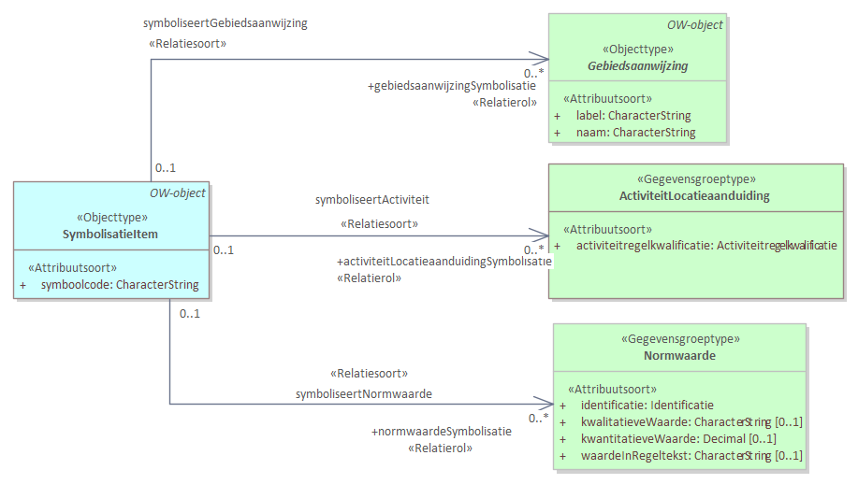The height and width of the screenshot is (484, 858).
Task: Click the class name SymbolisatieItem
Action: pyautogui.click(x=110, y=234)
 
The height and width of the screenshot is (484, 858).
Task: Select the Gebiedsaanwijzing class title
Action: pyautogui.click(x=637, y=66)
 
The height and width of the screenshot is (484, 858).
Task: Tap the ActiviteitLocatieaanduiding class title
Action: pyautogui.click(x=694, y=196)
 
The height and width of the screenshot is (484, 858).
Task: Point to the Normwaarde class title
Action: pyautogui.click(x=678, y=356)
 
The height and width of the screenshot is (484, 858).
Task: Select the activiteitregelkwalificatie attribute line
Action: pyautogui.click(x=705, y=245)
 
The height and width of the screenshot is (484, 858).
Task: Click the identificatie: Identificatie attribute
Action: pyautogui.click(x=647, y=406)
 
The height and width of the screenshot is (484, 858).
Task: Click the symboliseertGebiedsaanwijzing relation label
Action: pyautogui.click(x=225, y=23)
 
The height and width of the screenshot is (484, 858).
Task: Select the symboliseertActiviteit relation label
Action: pyautogui.click(x=372, y=199)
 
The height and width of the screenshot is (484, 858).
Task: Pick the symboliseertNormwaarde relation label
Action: pyautogui.click(x=364, y=394)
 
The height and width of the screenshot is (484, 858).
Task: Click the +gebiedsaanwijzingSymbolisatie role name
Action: pyautogui.click(x=452, y=86)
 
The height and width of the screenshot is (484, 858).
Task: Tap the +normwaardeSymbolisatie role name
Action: pyautogui.click(x=442, y=432)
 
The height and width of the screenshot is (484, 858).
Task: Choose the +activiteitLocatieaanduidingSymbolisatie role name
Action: pyautogui.click(x=444, y=262)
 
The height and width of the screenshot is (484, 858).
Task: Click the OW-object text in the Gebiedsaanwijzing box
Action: pyautogui.click(x=695, y=25)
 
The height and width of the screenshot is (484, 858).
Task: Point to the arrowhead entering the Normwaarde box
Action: pyautogui.click(x=546, y=404)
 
